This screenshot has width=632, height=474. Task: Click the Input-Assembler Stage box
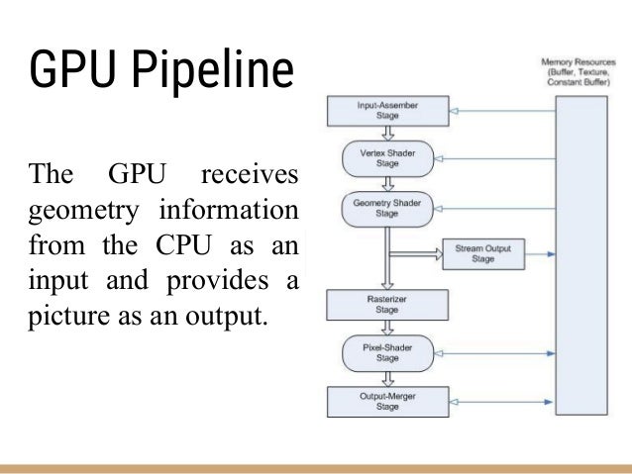coord(389,110)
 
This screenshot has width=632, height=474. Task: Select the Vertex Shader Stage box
coord(389,158)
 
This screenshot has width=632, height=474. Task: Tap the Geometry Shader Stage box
coord(389,207)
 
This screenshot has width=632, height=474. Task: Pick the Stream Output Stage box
coord(483,253)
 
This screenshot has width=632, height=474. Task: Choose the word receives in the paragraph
coord(249,175)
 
